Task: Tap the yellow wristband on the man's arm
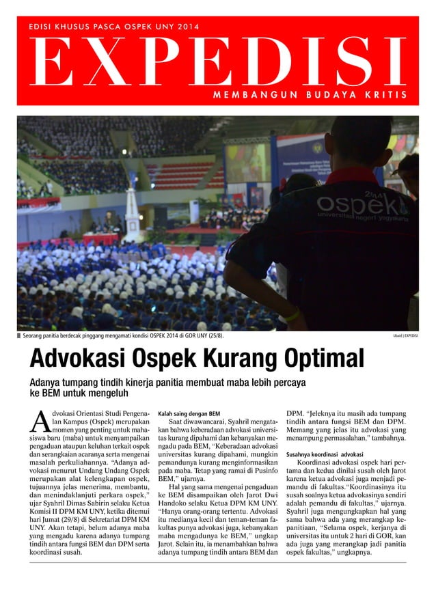pyautogui.click(x=292, y=316)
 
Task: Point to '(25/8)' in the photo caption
pyautogui.click(x=215, y=335)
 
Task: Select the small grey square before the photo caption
pyautogui.click(x=19, y=335)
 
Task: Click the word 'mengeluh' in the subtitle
pyautogui.click(x=106, y=393)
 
